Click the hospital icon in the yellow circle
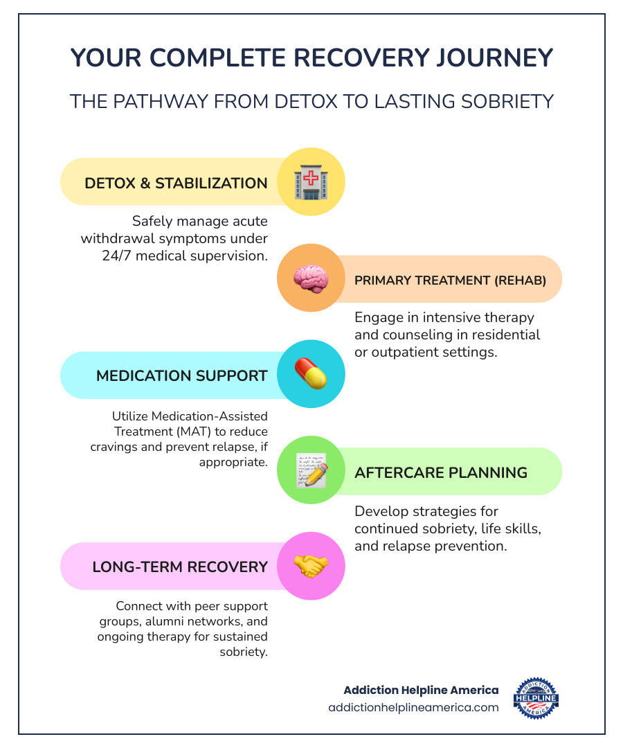point(311,183)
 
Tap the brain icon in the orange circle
point(311,278)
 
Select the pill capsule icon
point(311,375)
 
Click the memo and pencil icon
point(311,471)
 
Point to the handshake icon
point(311,566)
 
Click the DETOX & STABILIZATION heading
point(176,184)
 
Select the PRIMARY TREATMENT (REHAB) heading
point(451,280)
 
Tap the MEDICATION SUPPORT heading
point(181,376)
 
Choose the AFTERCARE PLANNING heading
point(441,473)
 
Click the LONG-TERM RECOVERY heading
point(180,567)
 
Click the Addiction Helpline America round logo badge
point(536,698)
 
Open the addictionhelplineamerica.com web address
point(413,708)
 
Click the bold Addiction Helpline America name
point(421,691)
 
